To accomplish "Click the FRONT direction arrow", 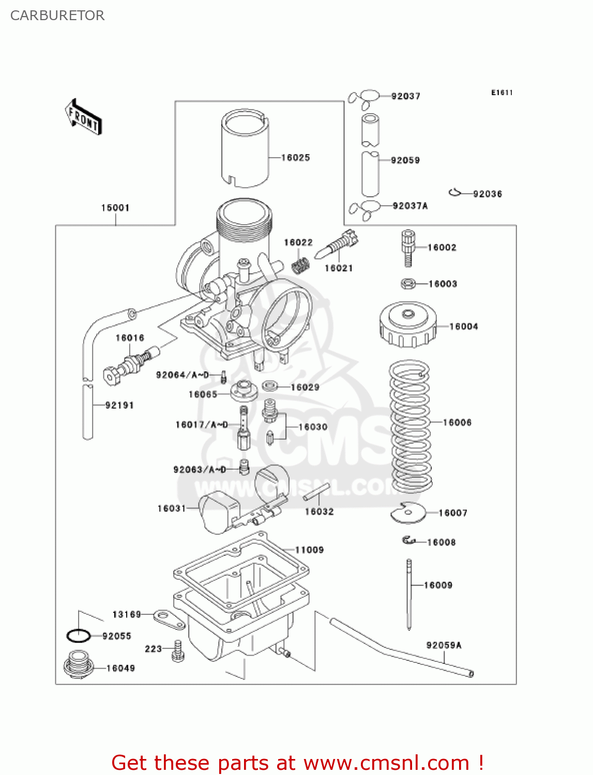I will pyautogui.click(x=83, y=117).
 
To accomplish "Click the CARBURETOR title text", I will pyautogui.click(x=57, y=16).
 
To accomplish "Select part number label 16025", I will pyautogui.click(x=295, y=158).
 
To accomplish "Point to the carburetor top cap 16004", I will pyautogui.click(x=407, y=326).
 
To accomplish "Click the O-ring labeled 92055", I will pyautogui.click(x=79, y=636).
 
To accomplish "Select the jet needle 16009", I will pyautogui.click(x=409, y=594).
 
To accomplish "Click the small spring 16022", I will pyautogui.click(x=300, y=266).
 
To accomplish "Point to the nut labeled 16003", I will pyautogui.click(x=408, y=284).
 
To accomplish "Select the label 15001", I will pyautogui.click(x=115, y=208).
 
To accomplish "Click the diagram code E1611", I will pyautogui.click(x=501, y=92).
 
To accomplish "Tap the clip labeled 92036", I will pyautogui.click(x=455, y=193).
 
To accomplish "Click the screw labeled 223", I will pyautogui.click(x=178, y=651).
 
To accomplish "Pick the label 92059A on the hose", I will pyautogui.click(x=444, y=645).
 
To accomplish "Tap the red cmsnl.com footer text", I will pyautogui.click(x=297, y=763).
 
